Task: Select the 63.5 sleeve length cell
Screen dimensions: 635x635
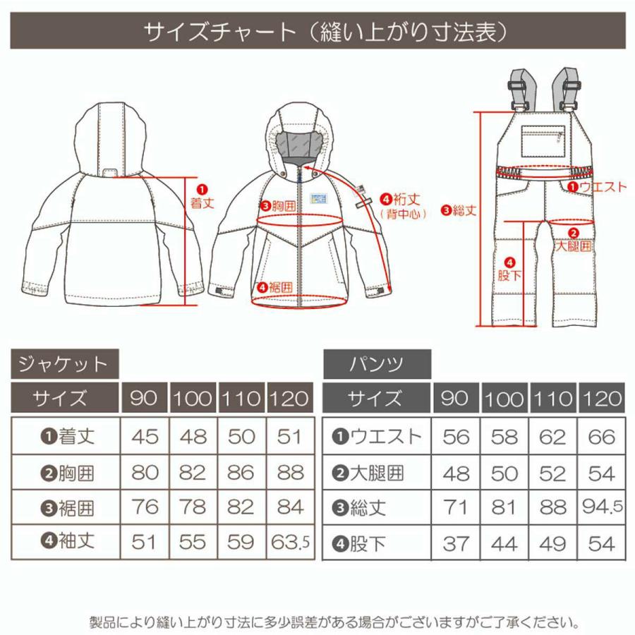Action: coord(289,542)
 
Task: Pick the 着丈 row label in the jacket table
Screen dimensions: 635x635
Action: coord(67,436)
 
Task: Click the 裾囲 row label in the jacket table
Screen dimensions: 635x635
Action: coord(67,507)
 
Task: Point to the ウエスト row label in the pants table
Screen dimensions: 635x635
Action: coord(377,436)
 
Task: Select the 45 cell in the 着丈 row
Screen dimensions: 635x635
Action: coord(145,436)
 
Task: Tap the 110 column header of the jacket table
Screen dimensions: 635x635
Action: coord(241,399)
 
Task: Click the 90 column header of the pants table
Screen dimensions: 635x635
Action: coord(456,399)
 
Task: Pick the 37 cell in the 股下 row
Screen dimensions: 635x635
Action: coord(456,544)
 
